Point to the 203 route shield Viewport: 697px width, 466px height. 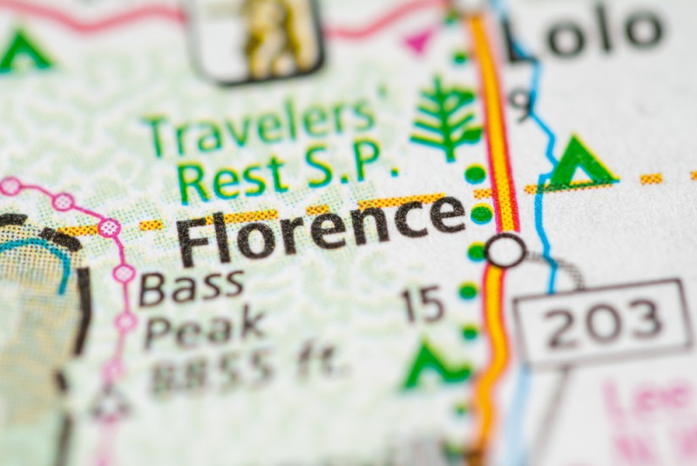tap(600, 322)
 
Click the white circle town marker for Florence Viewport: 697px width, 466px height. tap(505, 250)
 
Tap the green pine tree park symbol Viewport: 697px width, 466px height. tap(444, 117)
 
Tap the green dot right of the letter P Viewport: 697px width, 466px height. tap(475, 174)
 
